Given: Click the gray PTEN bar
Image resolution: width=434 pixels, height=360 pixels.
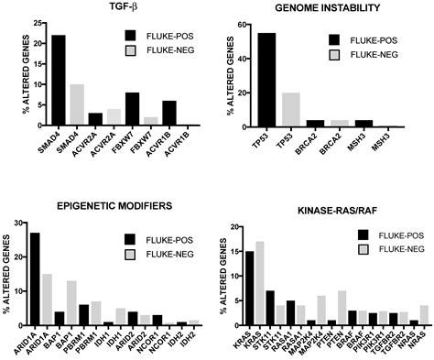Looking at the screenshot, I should tap(341, 308).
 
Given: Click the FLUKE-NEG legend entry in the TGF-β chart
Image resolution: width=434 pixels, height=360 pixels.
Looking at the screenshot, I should tap(164, 60).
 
